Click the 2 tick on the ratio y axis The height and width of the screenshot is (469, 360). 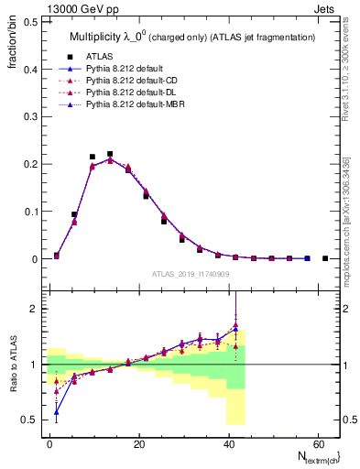click(x=34, y=309)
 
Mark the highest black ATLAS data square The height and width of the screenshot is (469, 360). click(x=110, y=154)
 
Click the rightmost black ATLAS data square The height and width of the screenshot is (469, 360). click(x=325, y=258)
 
